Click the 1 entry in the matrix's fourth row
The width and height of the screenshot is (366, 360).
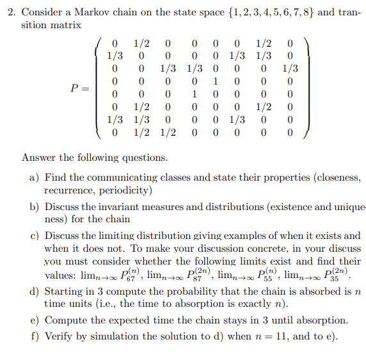tap(216, 82)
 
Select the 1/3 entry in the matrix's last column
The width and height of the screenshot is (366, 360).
tap(290, 69)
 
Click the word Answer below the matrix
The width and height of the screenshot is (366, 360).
tap(40, 158)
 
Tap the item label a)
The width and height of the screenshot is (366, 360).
tap(35, 177)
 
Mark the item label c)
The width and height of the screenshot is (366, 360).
tap(35, 236)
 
